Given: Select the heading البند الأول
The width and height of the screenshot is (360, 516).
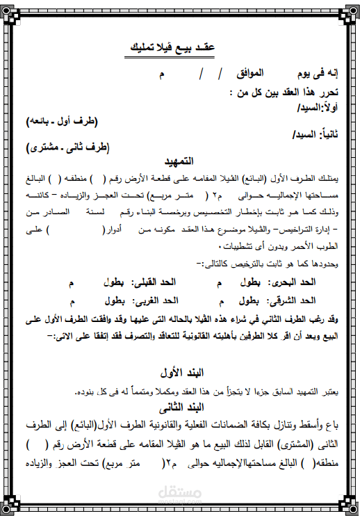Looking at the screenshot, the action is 181,370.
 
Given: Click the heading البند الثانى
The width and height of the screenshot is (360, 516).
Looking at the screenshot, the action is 181,406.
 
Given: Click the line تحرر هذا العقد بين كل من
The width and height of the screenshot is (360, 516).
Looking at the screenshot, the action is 283,91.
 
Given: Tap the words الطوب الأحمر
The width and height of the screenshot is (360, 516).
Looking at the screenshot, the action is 313,246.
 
